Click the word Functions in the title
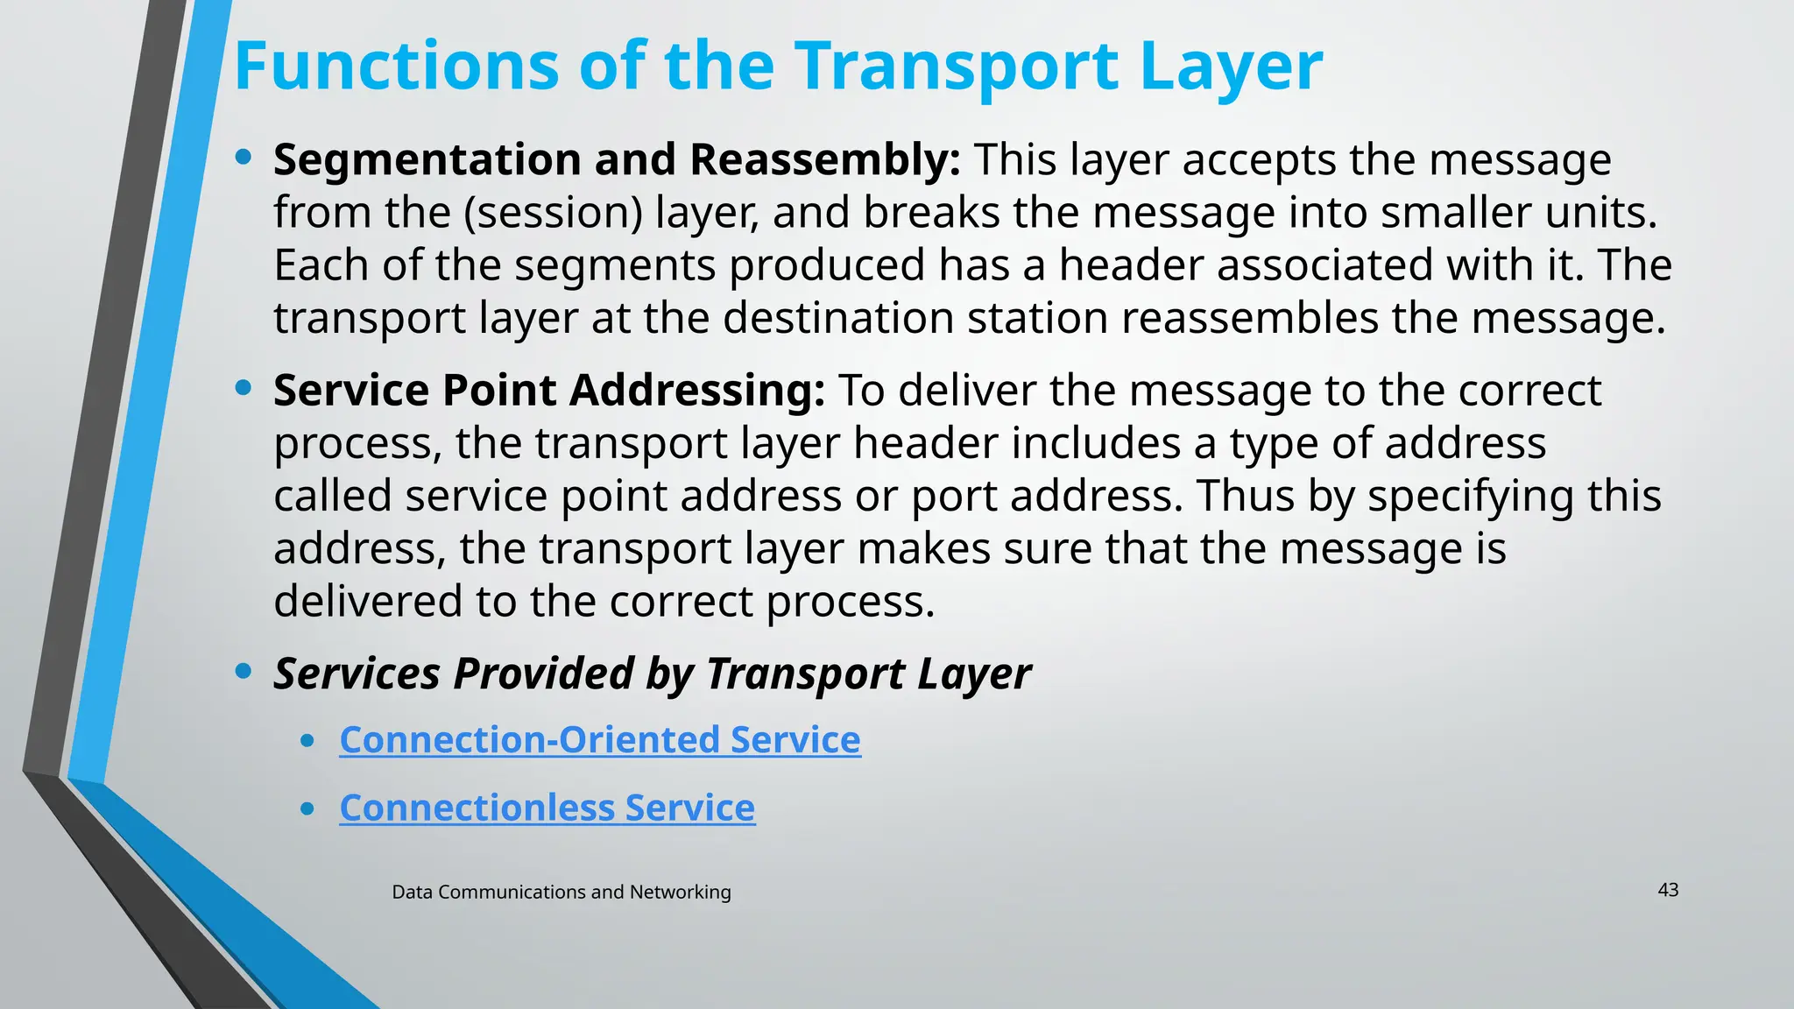tap(396, 67)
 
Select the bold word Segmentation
tap(427, 160)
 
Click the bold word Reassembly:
tap(825, 160)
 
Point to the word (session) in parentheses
tap(553, 213)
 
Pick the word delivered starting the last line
tap(367, 602)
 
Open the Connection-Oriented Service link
tap(600, 740)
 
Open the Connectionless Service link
tap(547, 808)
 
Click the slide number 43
tap(1668, 891)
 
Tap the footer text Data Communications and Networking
tap(561, 893)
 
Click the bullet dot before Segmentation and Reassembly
tap(244, 158)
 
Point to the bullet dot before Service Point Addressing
tap(244, 388)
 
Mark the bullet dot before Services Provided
tap(244, 672)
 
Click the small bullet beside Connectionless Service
tap(307, 809)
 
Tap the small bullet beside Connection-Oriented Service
tap(307, 741)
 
